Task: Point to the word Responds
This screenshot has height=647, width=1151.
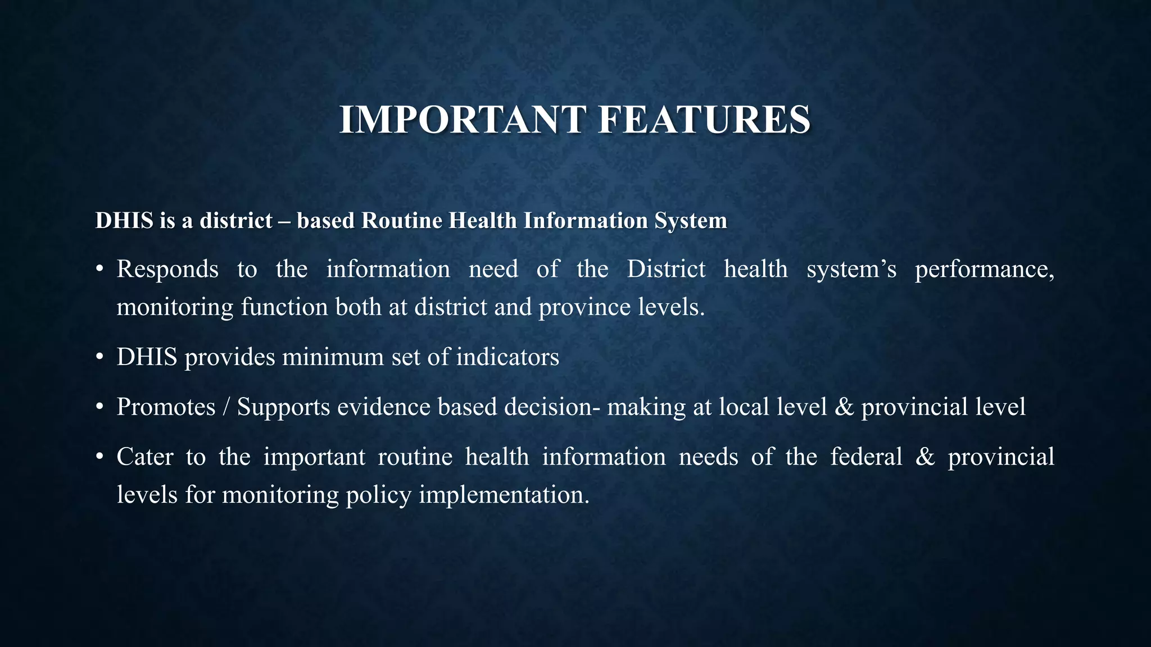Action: [167, 269]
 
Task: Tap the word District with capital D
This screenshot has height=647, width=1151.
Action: [666, 269]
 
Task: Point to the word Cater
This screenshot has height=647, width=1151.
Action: [144, 457]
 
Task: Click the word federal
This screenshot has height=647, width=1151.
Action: [866, 457]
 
